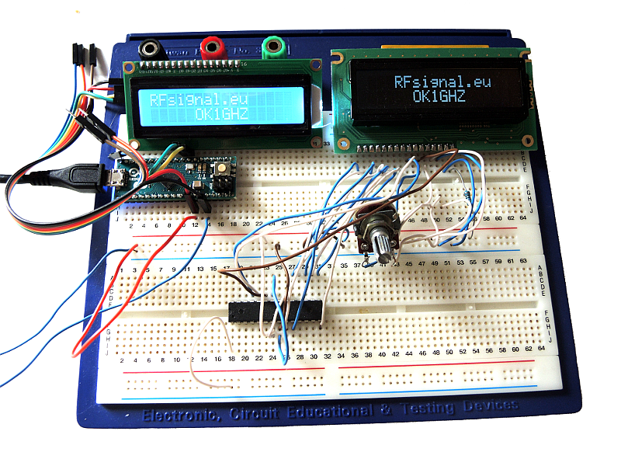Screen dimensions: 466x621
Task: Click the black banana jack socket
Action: pyautogui.click(x=149, y=48)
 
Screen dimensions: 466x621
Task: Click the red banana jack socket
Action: pyautogui.click(x=210, y=47)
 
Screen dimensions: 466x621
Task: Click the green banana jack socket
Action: pyautogui.click(x=272, y=47)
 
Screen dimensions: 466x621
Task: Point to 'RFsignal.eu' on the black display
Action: pyautogui.click(x=442, y=82)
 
